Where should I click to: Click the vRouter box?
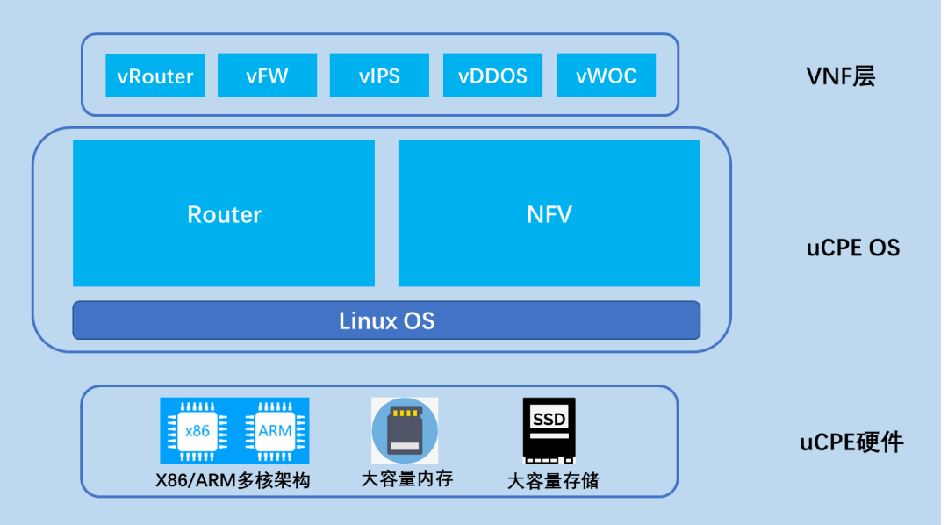tap(154, 76)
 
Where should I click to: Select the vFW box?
tap(267, 76)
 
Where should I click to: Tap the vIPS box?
tap(379, 76)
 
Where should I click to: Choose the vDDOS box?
tap(492, 76)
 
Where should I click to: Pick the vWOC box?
tap(606, 76)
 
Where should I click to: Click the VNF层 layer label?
tap(840, 76)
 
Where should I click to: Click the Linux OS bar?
tap(386, 320)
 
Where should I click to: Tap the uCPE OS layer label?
tap(852, 248)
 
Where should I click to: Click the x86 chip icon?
tap(197, 431)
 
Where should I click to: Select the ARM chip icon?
tap(274, 431)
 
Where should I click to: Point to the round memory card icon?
tap(404, 431)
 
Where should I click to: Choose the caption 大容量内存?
tap(406, 479)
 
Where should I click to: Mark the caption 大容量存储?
tap(553, 481)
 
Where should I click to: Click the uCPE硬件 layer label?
tap(851, 442)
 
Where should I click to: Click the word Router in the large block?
tap(224, 214)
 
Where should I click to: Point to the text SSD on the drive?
tap(549, 420)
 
